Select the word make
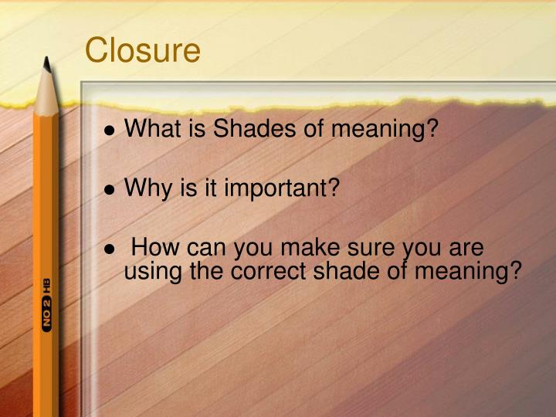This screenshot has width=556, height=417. (307, 248)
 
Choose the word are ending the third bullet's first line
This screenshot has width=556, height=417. (466, 248)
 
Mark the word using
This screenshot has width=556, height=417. (151, 272)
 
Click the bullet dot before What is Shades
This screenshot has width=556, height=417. (112, 130)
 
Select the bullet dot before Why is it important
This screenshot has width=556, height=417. (112, 189)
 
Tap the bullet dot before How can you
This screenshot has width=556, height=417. (112, 249)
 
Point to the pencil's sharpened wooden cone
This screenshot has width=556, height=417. (47, 93)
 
